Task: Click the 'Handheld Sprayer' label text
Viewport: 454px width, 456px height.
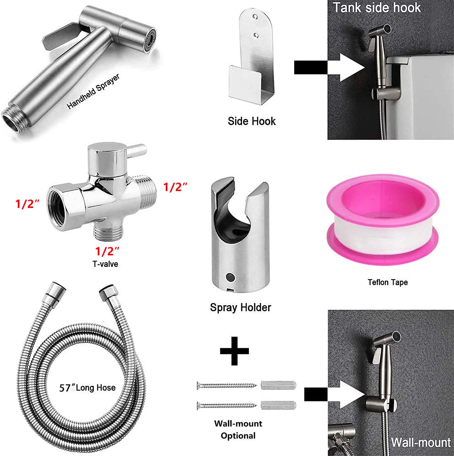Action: click(x=94, y=91)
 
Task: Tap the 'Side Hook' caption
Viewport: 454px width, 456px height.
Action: click(x=252, y=121)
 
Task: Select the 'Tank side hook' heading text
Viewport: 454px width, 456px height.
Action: click(x=377, y=8)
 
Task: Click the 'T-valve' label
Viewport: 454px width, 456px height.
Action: click(x=106, y=264)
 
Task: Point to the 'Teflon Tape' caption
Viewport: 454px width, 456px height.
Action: click(x=388, y=282)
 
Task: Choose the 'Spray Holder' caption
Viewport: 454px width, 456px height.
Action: click(x=241, y=308)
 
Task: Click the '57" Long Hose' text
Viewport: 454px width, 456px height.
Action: click(x=87, y=388)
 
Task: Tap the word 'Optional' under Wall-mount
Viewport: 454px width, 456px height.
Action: click(x=238, y=435)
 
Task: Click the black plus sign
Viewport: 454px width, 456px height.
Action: click(x=234, y=351)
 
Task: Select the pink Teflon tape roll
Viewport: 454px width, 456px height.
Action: click(x=383, y=220)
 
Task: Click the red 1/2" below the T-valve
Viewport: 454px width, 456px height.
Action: click(x=107, y=251)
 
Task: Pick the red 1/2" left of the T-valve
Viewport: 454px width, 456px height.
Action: click(x=27, y=204)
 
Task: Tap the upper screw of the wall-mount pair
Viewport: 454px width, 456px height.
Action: click(x=227, y=385)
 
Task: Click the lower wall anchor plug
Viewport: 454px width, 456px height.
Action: click(x=279, y=405)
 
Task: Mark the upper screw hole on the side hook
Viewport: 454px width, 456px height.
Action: click(x=255, y=17)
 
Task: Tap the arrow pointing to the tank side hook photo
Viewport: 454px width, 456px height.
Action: click(x=329, y=67)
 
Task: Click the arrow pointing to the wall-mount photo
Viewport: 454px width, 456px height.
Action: click(x=334, y=394)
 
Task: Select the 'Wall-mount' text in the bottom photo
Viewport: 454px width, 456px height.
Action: click(x=421, y=442)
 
